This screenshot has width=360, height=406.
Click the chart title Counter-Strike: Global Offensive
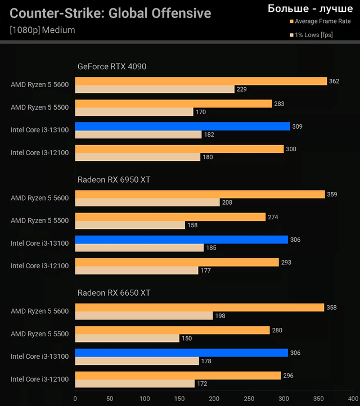[x=110, y=13]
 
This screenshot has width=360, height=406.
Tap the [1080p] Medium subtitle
[x=42, y=30]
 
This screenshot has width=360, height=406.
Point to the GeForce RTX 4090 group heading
[x=112, y=66]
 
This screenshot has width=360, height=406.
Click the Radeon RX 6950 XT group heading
[x=114, y=180]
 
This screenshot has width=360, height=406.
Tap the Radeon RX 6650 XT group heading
[x=114, y=293]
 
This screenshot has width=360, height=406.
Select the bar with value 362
[x=201, y=81]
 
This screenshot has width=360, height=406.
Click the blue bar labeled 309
[x=182, y=127]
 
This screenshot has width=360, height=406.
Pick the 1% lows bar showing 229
[x=155, y=89]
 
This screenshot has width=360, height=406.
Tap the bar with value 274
[x=170, y=217]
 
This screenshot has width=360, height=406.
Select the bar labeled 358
[x=199, y=308]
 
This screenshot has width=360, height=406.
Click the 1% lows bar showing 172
[x=135, y=384]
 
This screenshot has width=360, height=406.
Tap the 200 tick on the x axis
[x=214, y=399]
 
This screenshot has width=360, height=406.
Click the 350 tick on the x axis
[x=318, y=399]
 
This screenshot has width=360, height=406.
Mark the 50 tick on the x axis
[x=110, y=399]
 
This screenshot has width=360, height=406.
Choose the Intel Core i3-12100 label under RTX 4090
[x=39, y=153]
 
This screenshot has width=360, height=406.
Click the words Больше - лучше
[x=310, y=8]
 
